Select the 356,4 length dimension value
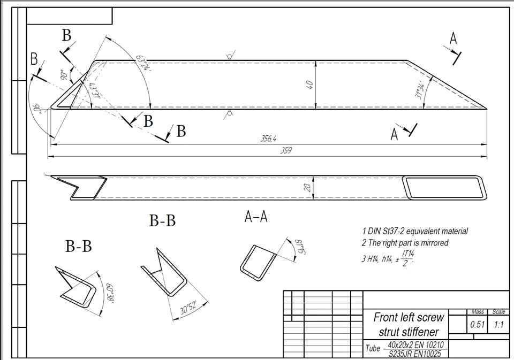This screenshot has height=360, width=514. (x=268, y=139)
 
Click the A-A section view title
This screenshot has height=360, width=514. (x=255, y=217)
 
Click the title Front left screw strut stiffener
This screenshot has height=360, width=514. (x=409, y=324)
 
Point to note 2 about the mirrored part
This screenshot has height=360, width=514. (x=405, y=243)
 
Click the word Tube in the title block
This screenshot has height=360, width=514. (x=373, y=348)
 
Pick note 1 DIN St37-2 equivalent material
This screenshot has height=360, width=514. (x=414, y=231)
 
